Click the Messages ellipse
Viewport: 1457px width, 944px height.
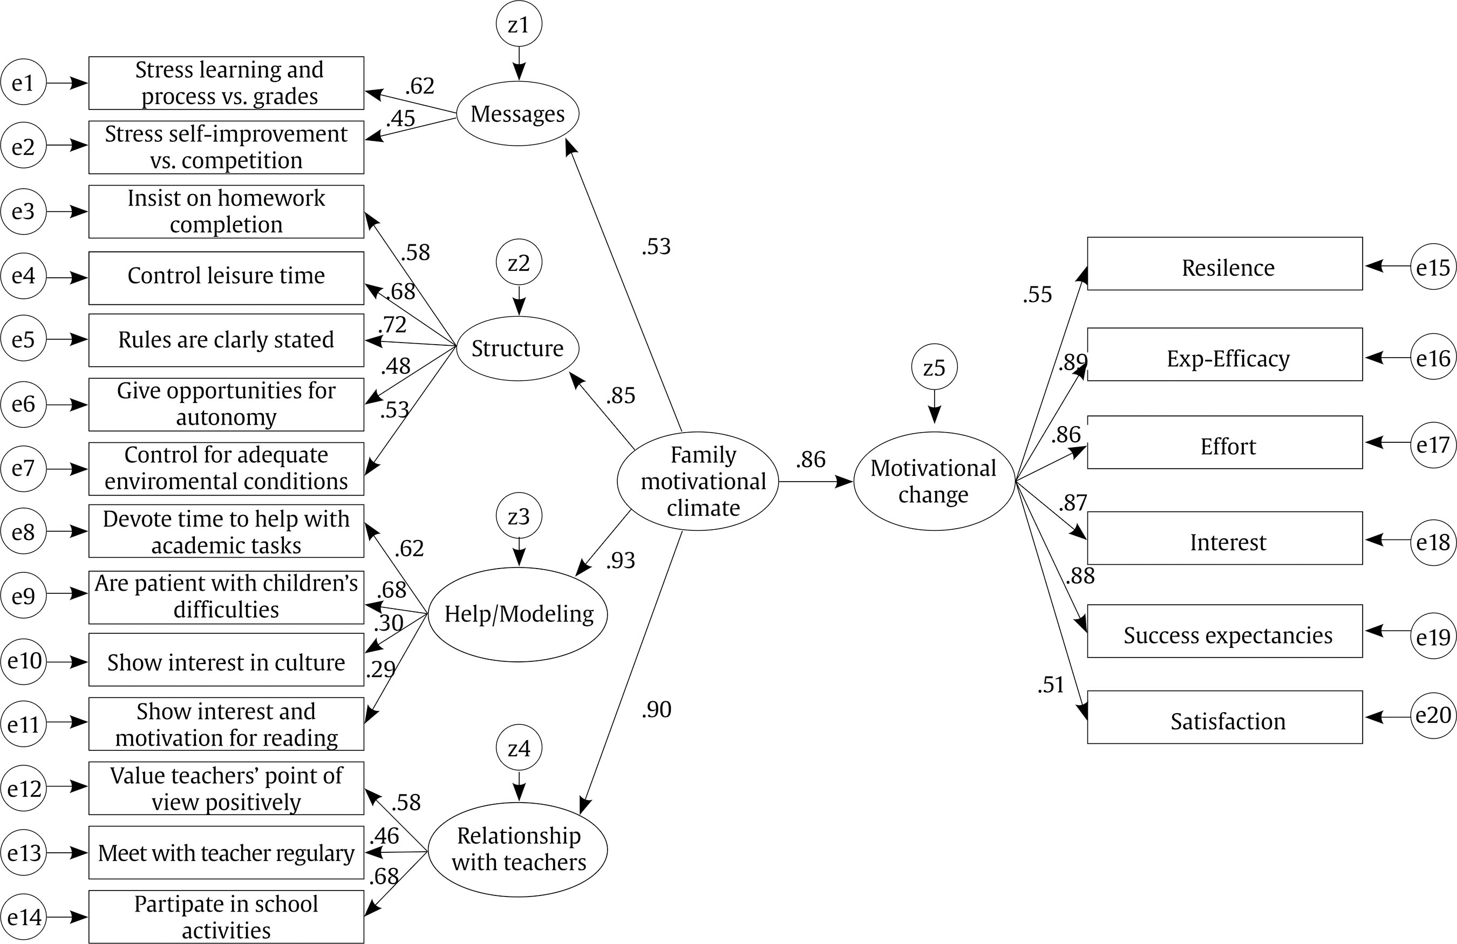tap(518, 114)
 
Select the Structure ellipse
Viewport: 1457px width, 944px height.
tap(518, 348)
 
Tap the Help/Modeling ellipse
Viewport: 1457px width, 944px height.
tap(518, 614)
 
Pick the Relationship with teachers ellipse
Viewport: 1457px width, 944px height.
tap(518, 849)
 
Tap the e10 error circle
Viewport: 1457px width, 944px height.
tap(24, 661)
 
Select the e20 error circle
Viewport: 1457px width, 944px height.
tap(1433, 715)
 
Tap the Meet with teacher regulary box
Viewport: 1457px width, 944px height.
tap(226, 852)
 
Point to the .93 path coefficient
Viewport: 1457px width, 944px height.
tap(620, 560)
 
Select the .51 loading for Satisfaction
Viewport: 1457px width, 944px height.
tap(1051, 685)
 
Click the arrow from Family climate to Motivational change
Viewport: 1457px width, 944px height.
tap(814, 482)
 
